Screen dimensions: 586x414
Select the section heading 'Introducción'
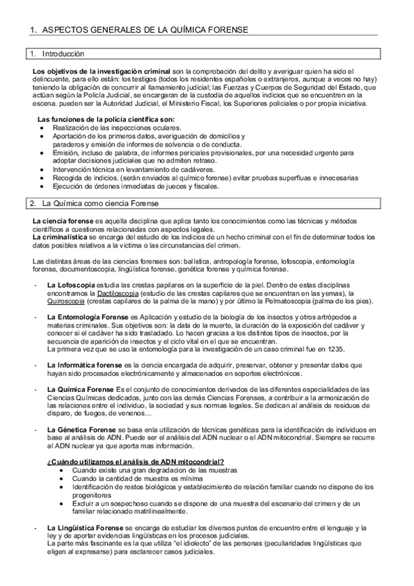pos(63,53)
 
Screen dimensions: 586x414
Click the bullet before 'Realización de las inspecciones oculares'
pos(44,128)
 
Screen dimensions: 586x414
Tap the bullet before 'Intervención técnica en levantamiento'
pos(44,169)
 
